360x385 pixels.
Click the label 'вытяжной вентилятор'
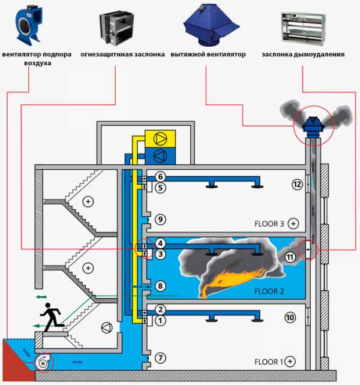click(x=208, y=54)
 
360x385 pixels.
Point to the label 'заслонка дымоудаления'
click(x=303, y=54)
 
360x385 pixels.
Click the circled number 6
click(x=160, y=177)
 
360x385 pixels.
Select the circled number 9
click(x=160, y=220)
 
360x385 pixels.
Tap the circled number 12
click(x=296, y=185)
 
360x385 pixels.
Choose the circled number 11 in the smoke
click(x=289, y=257)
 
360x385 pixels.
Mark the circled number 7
click(x=160, y=358)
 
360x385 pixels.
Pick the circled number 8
click(x=160, y=287)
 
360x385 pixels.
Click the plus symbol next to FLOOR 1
click(x=290, y=361)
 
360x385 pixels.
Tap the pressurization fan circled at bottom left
click(x=44, y=362)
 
